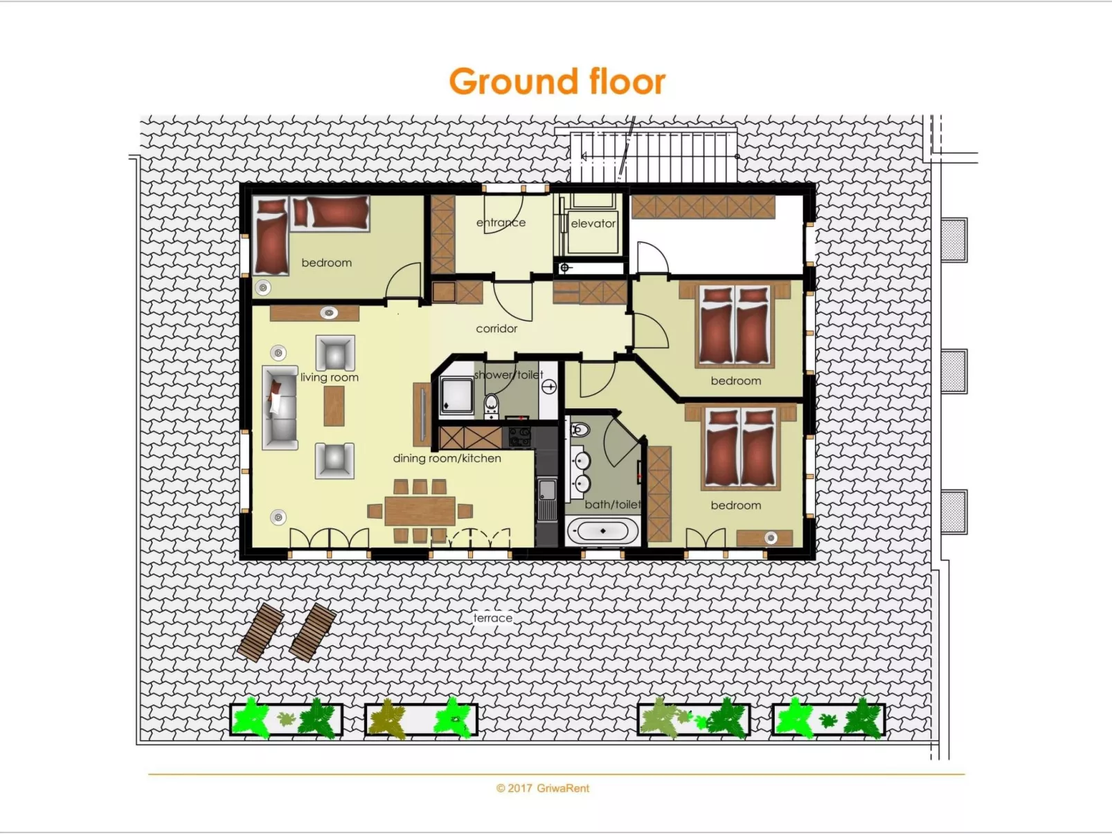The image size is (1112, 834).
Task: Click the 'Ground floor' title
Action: [557, 82]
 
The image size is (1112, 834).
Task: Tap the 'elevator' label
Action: [593, 224]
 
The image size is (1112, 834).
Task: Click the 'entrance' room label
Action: [501, 223]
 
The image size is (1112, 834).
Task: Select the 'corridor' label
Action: [496, 329]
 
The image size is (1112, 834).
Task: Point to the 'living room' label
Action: [330, 377]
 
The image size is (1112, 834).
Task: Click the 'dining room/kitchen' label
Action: [447, 458]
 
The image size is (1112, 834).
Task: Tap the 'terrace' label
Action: [493, 618]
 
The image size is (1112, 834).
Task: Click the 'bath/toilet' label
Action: [612, 505]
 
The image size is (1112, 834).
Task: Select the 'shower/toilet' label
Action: [508, 374]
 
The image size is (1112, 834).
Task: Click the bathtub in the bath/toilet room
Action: [602, 532]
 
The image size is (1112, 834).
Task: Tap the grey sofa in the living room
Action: [280, 408]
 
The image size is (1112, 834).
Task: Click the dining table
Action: [420, 511]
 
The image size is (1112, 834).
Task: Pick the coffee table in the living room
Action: [334, 405]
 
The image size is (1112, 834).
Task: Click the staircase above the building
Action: [654, 156]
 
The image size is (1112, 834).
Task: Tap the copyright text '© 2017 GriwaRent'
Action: [543, 788]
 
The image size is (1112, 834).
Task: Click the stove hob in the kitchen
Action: [520, 437]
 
